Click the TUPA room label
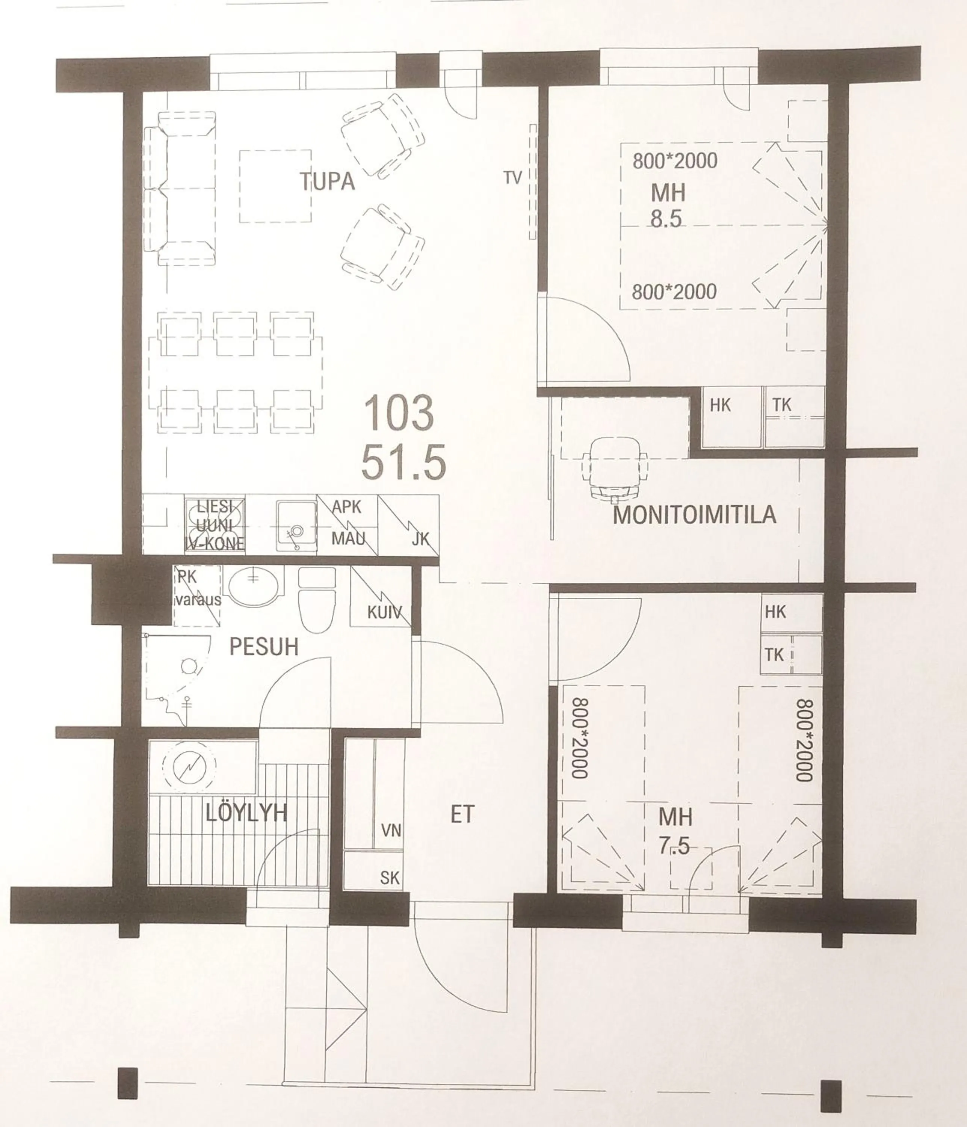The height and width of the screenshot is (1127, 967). coord(328,181)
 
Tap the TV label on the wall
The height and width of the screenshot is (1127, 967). coord(512,177)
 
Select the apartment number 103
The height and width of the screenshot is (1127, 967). coord(399,413)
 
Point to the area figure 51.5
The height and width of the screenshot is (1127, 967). coord(403,462)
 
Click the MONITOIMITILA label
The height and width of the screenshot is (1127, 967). coord(695,515)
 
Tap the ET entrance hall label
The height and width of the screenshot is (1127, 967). coord(462,814)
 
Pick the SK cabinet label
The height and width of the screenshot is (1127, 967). coord(390,877)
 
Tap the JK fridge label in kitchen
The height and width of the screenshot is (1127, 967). coord(420,539)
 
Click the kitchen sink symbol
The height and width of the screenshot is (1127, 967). coord(296,526)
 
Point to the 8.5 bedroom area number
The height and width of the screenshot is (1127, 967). coord(666,218)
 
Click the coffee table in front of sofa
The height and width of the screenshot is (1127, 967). coord(275,186)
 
